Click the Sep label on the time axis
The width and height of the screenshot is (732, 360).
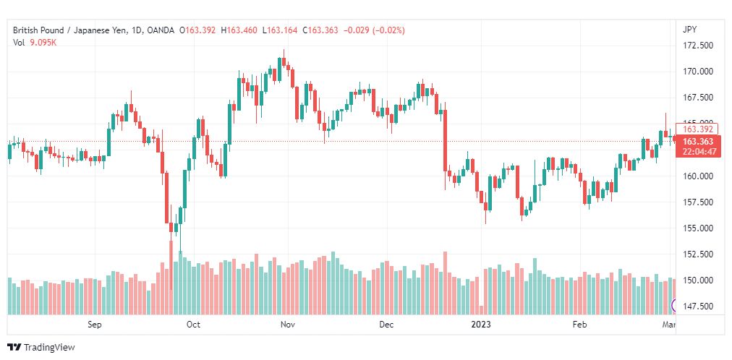(x=94, y=325)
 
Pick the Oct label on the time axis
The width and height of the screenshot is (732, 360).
(x=193, y=325)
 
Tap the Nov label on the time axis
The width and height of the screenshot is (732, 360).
(x=288, y=325)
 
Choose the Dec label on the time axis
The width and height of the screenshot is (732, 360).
(x=387, y=325)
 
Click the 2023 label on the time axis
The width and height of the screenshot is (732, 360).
(x=481, y=325)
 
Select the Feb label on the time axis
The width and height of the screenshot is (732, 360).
(x=580, y=325)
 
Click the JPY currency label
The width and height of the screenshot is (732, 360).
(x=689, y=30)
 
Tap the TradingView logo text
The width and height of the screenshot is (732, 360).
(x=49, y=348)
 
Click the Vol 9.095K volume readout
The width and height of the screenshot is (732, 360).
(x=35, y=43)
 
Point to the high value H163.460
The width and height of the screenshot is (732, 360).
(x=239, y=30)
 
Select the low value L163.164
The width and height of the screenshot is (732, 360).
(x=280, y=30)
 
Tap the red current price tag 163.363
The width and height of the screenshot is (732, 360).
(x=697, y=142)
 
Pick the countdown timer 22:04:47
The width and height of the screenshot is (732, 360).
(x=697, y=151)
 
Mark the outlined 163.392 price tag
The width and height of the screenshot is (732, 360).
(x=697, y=129)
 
